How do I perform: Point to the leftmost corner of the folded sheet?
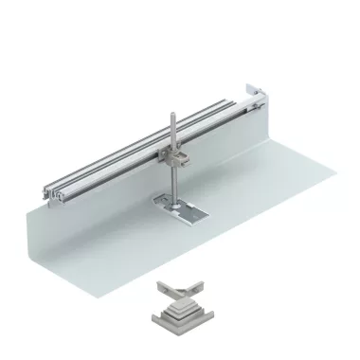(44, 200)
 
